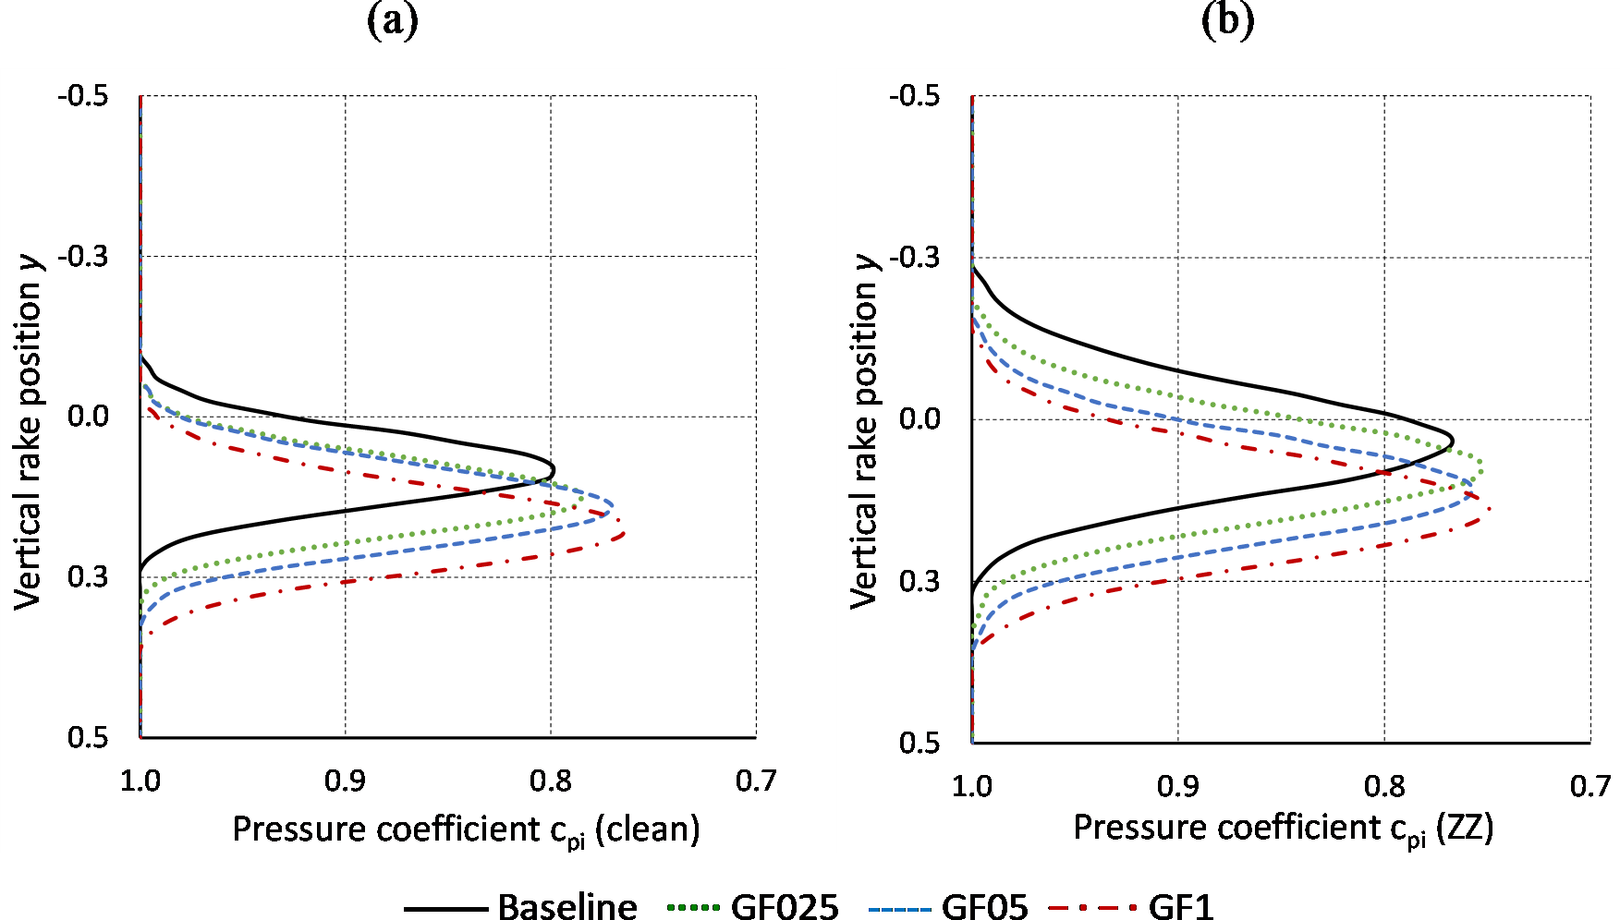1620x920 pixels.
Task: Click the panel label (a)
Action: [393, 20]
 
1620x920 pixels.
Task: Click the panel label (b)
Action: [1226, 20]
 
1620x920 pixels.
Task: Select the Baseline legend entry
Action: [566, 907]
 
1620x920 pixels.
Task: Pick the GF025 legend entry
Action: [785, 907]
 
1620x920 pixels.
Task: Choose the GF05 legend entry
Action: [984, 907]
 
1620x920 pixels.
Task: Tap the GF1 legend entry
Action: [1180, 907]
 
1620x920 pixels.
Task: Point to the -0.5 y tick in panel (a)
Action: [83, 96]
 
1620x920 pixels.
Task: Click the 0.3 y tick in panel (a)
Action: [88, 577]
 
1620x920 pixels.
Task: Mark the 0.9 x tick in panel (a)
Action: [345, 781]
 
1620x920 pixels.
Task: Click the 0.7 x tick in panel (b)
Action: [1590, 786]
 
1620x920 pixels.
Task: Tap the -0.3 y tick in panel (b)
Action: [915, 257]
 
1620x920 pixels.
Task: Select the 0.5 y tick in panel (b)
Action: [920, 743]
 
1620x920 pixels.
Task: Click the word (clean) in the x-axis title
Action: [647, 829]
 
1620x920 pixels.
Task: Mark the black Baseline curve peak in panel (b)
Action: [1453, 441]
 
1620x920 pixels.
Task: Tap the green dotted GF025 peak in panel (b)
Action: [1482, 468]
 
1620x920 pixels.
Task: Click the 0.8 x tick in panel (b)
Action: [1384, 786]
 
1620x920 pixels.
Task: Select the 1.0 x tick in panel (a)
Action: [140, 781]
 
